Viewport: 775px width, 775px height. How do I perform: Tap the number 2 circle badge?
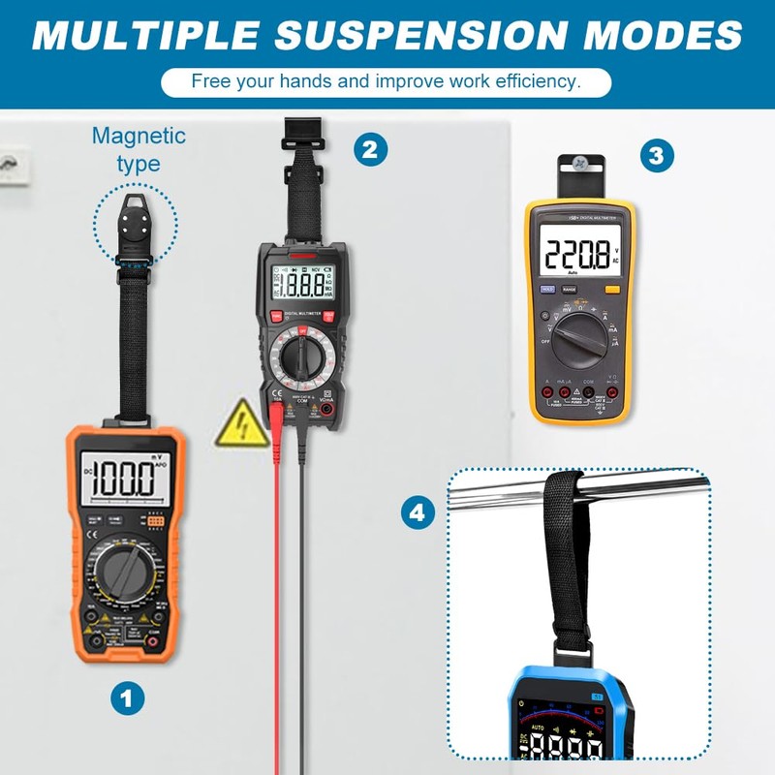369,149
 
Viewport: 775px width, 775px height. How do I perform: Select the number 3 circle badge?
657,155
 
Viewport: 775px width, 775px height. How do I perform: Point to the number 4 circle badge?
418,512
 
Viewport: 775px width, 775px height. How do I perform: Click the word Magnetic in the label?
139,136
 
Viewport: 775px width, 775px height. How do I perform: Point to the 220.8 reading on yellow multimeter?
575,255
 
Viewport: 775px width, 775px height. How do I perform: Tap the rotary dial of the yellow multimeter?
575,339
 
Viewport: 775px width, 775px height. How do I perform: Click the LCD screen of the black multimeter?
302,286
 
